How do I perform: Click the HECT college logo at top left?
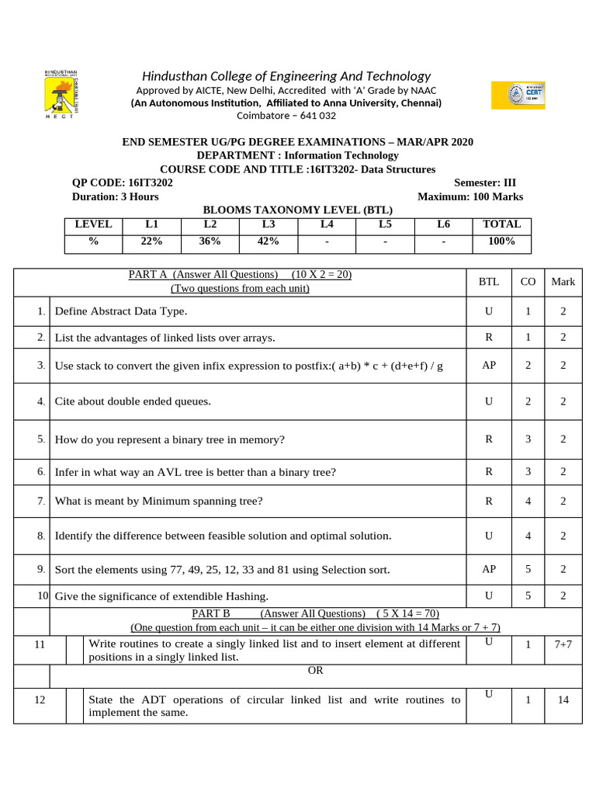point(59,94)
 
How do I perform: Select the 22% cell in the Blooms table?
point(151,241)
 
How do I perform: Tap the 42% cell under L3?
point(268,241)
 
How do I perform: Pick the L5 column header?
point(385,224)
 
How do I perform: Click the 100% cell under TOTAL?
point(501,241)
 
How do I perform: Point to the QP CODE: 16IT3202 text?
point(123,183)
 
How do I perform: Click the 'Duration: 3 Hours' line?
point(116,197)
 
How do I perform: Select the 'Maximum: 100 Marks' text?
point(470,197)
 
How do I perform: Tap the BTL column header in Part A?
point(489,282)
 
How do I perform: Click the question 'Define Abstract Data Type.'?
point(121,311)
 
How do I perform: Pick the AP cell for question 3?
point(489,365)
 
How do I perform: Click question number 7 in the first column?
point(41,501)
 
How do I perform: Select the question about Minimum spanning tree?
point(158,502)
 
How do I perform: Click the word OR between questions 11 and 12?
point(315,670)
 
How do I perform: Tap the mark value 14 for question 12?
point(563,700)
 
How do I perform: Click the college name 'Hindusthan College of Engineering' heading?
point(286,76)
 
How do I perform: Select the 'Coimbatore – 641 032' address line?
point(286,116)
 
